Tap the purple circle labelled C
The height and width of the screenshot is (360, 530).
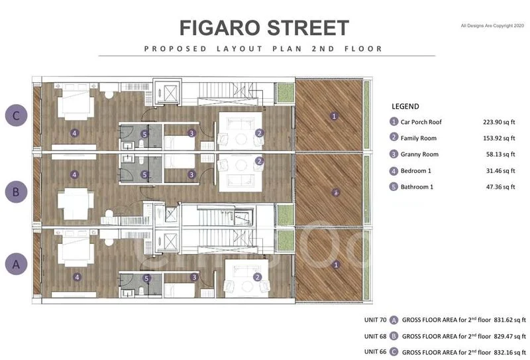[16, 116]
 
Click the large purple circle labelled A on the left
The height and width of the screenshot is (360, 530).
[16, 265]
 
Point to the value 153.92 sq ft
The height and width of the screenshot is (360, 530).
[499, 138]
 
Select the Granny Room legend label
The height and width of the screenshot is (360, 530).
[419, 154]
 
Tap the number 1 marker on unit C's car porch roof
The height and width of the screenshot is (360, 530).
[335, 116]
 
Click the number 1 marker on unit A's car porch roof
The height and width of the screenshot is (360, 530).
[336, 265]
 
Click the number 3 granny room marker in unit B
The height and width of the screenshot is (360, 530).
[191, 175]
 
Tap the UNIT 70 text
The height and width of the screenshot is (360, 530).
[375, 318]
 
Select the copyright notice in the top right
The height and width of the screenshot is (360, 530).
[492, 25]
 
